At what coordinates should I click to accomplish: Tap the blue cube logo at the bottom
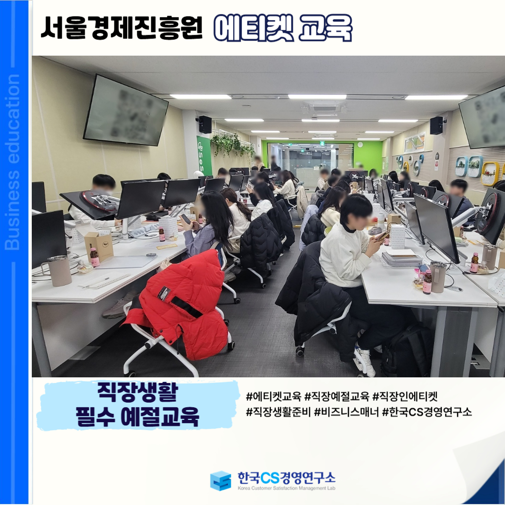pyautogui.click(x=221, y=481)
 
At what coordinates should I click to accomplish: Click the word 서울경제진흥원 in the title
pyautogui.click(x=122, y=28)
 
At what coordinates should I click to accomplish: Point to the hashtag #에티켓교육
pyautogui.click(x=274, y=396)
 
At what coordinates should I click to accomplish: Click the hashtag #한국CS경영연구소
pyautogui.click(x=427, y=411)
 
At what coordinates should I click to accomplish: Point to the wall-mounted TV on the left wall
pyautogui.click(x=125, y=110)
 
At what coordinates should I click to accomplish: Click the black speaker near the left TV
pyautogui.click(x=205, y=124)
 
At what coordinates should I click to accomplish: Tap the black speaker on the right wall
pyautogui.click(x=437, y=125)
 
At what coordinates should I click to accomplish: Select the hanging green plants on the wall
pyautogui.click(x=232, y=144)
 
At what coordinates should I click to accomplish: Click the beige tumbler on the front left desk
pyautogui.click(x=59, y=271)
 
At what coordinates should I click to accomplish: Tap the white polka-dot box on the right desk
pyautogui.click(x=397, y=237)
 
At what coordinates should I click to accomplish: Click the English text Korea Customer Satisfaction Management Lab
pyautogui.click(x=286, y=488)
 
